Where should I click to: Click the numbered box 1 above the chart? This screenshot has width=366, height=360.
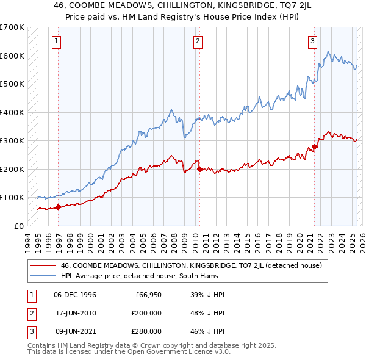[56, 41]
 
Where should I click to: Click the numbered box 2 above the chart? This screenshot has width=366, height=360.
[199, 41]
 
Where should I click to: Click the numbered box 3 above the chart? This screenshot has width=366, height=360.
[312, 41]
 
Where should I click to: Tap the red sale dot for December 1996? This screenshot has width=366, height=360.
[59, 207]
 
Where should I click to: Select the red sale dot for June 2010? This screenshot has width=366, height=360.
[199, 169]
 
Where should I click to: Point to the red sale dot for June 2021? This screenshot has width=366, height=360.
[315, 146]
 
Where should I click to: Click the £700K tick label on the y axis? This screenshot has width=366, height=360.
[12, 27]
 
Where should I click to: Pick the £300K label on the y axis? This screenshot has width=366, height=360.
[12, 141]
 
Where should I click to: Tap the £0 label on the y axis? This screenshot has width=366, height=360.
[18, 226]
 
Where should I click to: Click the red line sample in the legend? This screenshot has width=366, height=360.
[42, 265]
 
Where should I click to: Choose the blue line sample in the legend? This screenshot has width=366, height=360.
[42, 276]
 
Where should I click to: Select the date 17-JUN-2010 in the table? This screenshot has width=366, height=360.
[75, 313]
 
